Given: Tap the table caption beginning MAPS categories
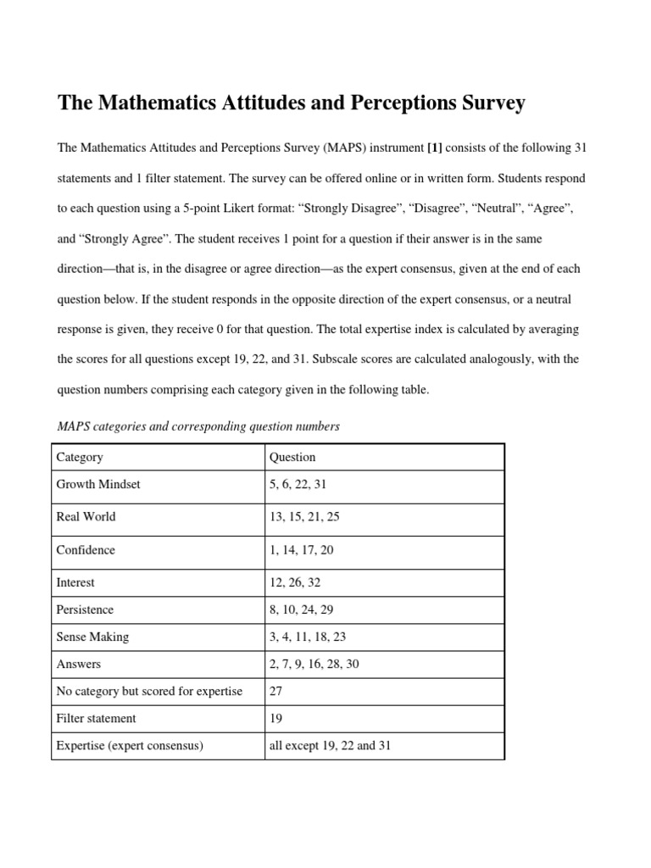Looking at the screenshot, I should click(198, 426).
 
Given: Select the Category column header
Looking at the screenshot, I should click(80, 457).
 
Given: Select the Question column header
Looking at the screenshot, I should click(292, 457).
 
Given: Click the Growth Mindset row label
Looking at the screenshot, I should click(98, 485).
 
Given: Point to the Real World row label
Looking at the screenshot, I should click(86, 516).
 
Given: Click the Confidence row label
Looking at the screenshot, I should click(86, 550).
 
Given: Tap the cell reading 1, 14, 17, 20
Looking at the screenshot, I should click(301, 550).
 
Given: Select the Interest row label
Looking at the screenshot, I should click(75, 582).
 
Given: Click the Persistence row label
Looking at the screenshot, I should click(85, 609).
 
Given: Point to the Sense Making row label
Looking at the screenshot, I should click(92, 637).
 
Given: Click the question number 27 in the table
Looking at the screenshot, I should click(276, 691).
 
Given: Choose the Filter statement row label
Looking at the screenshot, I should click(96, 718).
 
